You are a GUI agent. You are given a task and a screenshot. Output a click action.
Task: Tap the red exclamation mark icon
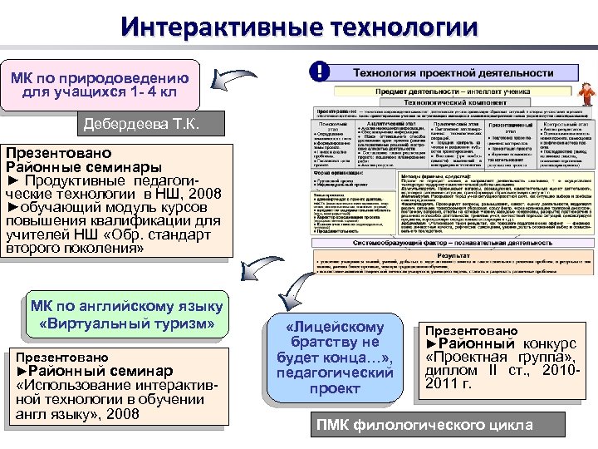(317, 72)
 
